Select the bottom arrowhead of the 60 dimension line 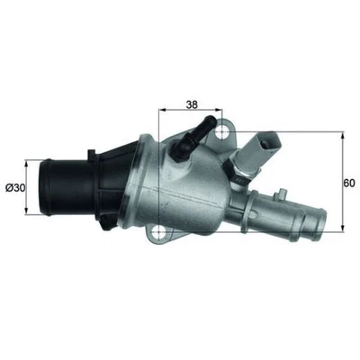pos(343,231)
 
